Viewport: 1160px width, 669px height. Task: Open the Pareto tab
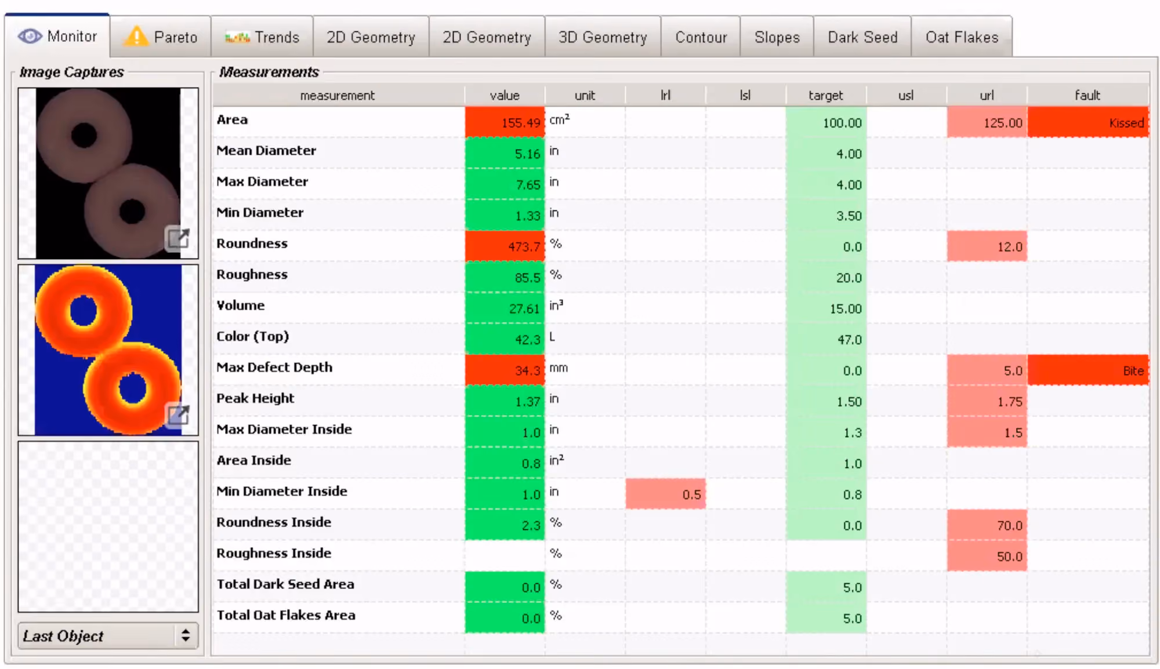161,37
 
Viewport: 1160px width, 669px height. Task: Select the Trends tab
262,37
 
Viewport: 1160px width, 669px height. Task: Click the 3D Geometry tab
603,37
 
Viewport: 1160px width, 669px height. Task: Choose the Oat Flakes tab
962,37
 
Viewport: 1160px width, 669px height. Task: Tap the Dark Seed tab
862,37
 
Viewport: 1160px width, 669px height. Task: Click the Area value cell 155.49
505,122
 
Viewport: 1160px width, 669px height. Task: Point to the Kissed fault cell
1088,122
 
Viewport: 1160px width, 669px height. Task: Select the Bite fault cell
1088,370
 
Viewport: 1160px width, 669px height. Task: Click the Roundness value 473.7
505,246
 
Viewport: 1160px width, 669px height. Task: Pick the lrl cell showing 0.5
665,495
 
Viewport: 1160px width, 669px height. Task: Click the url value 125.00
987,122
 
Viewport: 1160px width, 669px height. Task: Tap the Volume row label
240,306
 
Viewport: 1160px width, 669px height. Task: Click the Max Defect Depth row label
274,368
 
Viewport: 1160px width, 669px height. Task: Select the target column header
825,95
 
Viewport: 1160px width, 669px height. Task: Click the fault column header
1087,95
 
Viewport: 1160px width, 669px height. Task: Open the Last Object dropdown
108,636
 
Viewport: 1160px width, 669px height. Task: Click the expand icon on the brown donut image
178,238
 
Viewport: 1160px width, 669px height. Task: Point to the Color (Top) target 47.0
826,340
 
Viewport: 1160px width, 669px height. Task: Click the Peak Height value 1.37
505,401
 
